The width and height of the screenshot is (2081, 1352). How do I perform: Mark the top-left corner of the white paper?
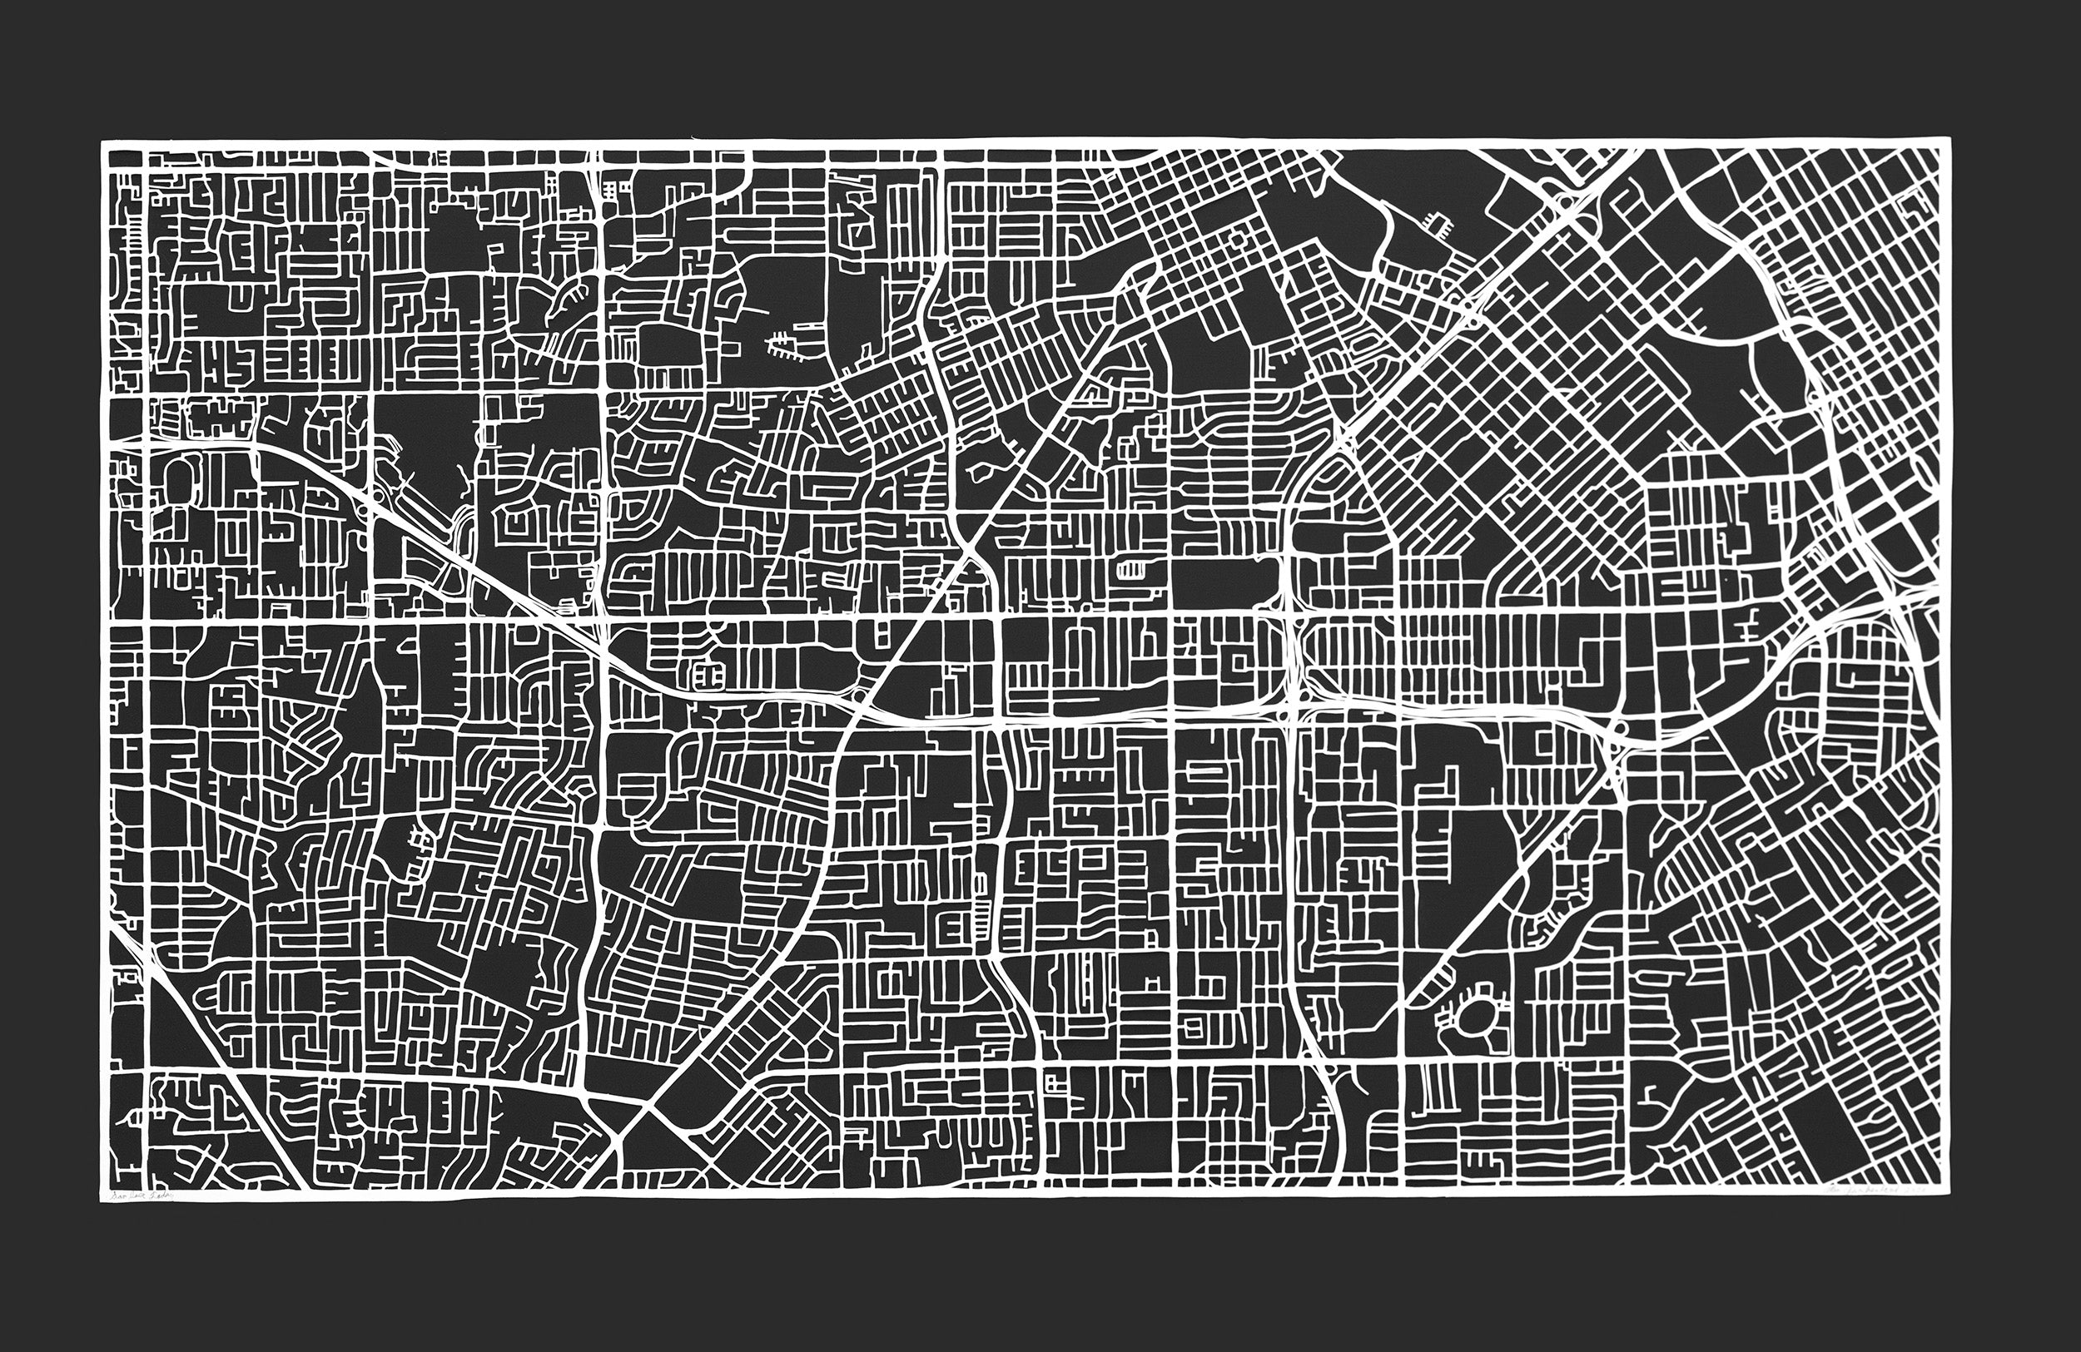click(102, 142)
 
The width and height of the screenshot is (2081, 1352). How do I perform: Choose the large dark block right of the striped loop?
click(1224, 577)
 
